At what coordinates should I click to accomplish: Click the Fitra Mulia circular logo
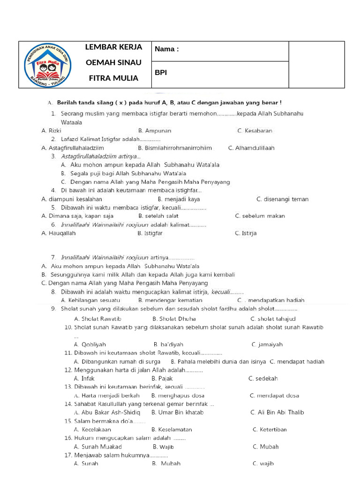click(x=47, y=65)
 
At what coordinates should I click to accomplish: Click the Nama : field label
click(x=167, y=49)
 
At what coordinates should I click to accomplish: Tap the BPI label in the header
click(x=161, y=73)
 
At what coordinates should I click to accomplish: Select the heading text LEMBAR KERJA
click(x=113, y=47)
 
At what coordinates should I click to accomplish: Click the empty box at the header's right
click(x=316, y=65)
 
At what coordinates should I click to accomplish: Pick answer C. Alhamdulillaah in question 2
click(x=251, y=148)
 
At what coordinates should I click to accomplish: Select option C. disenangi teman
click(x=282, y=199)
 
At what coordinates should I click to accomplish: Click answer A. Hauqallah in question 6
click(x=58, y=233)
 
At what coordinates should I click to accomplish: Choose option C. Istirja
click(x=246, y=233)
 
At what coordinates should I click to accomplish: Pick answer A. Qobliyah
click(x=90, y=345)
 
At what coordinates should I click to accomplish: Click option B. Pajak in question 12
click(x=162, y=378)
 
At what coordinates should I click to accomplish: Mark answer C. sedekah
click(x=263, y=378)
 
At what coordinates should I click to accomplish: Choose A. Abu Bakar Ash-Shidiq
click(x=107, y=412)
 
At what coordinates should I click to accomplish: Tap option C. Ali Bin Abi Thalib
click(x=277, y=412)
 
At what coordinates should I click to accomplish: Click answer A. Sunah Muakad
click(x=98, y=447)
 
